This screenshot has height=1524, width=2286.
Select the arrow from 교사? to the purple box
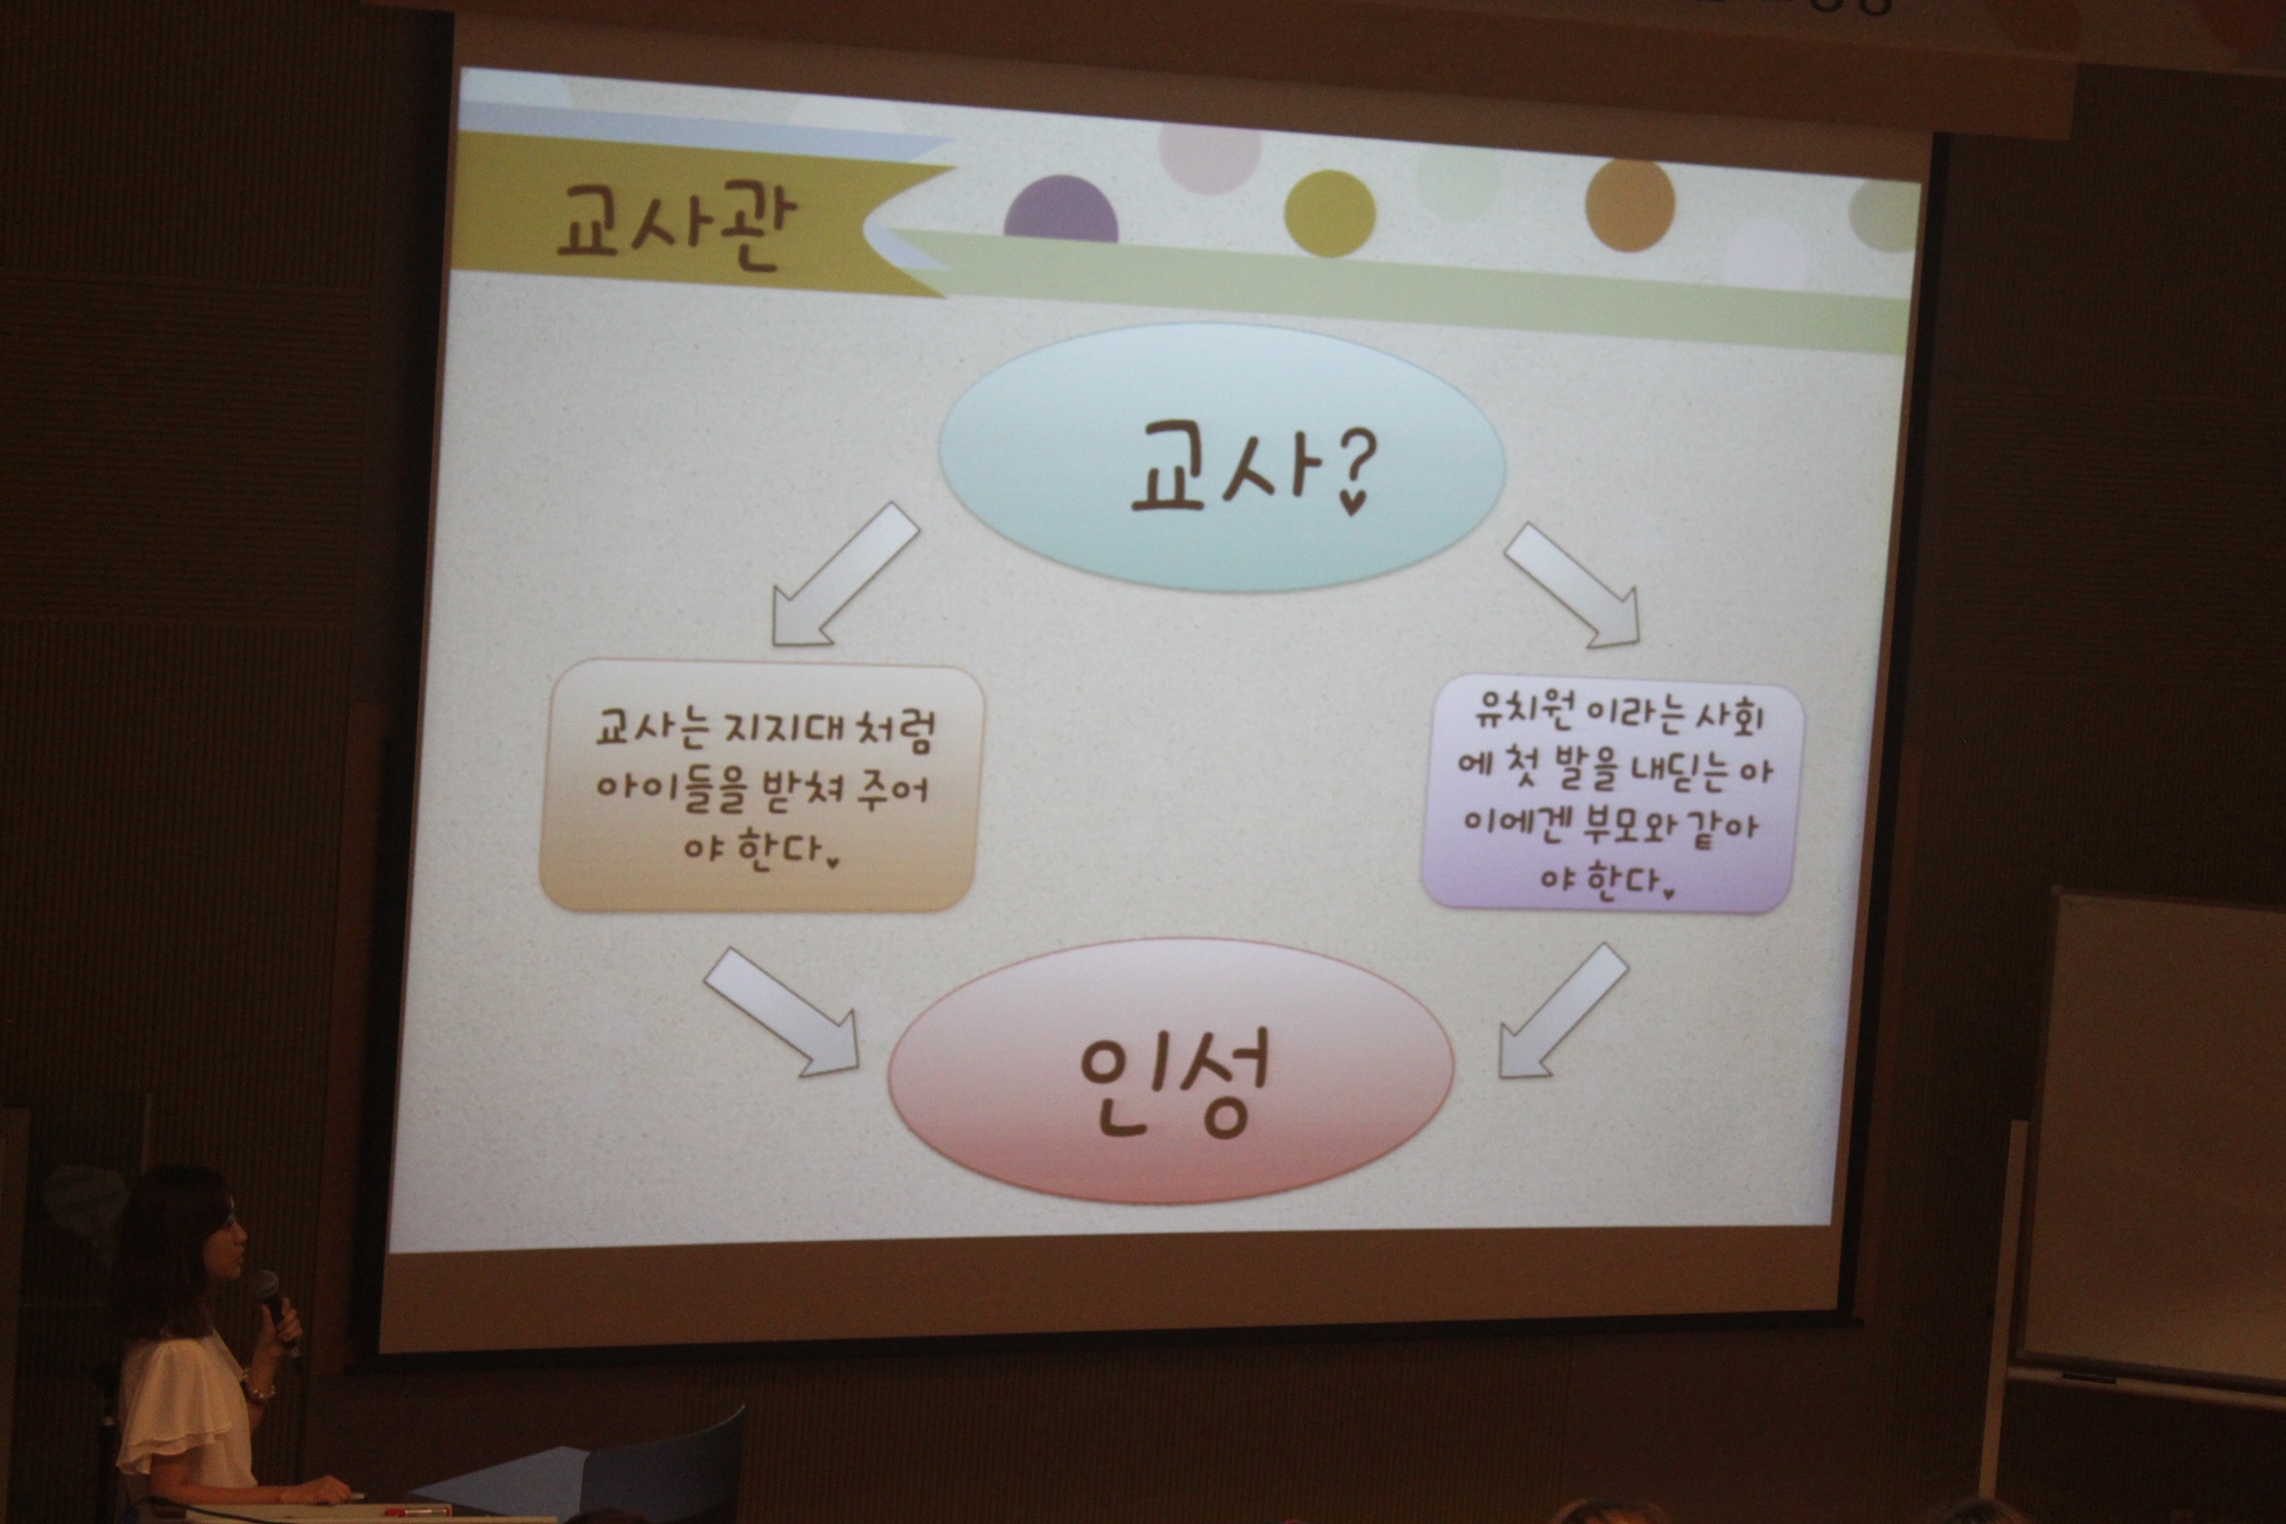1573,585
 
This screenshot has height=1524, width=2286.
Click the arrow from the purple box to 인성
1563,1011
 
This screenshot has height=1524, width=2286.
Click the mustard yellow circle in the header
1330,213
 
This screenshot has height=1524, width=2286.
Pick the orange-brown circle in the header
1630,206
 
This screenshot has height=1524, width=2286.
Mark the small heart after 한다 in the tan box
832,859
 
